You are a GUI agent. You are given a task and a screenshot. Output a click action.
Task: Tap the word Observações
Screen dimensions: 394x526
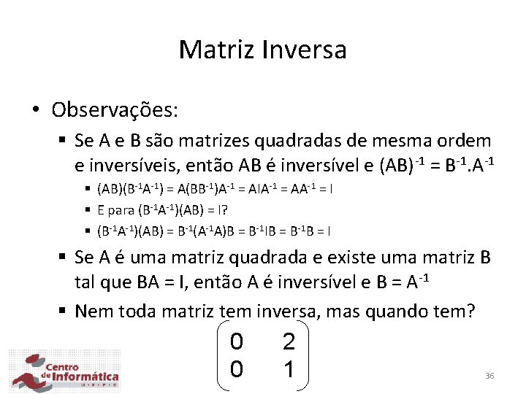[x=115, y=110]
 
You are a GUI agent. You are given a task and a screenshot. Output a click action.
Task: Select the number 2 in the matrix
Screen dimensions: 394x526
[x=289, y=341]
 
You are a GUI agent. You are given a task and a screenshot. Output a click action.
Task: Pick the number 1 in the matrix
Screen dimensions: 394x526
[x=289, y=370]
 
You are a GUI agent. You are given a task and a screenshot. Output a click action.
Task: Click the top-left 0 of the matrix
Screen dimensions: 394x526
[x=236, y=341]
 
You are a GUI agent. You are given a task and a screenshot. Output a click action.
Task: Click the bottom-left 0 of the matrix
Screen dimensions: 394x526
[x=236, y=370]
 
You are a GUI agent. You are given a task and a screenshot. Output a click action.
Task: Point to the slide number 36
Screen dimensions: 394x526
[x=489, y=376]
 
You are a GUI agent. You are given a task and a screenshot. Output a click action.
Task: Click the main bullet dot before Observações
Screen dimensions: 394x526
[x=35, y=111]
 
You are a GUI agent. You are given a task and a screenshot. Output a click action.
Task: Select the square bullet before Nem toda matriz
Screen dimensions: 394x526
[x=64, y=312]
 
